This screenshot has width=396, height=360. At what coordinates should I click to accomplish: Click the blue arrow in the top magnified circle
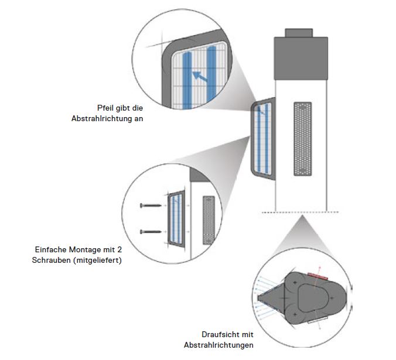pos(199,75)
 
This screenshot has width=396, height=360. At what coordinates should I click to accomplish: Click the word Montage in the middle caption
pos(87,250)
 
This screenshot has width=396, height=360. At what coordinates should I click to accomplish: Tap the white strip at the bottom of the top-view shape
pos(316,321)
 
